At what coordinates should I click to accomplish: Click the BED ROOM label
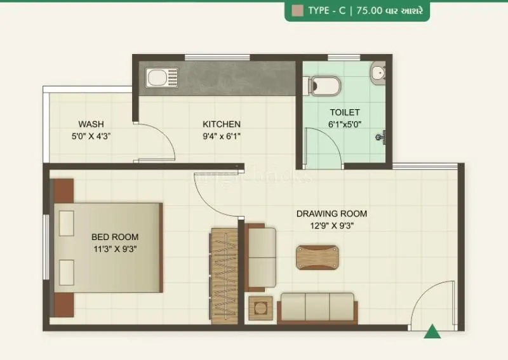115,237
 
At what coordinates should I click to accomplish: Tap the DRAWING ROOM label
331,213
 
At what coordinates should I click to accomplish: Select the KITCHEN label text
221,124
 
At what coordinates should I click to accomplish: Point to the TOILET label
344,112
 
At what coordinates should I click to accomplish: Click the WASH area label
91,124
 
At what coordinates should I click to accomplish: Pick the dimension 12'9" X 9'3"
331,225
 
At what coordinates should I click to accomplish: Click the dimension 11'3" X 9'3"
115,249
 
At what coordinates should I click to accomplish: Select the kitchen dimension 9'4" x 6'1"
221,135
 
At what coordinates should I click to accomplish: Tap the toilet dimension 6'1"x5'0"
344,124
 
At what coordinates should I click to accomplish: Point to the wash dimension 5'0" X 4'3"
91,135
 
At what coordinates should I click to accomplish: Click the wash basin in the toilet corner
379,72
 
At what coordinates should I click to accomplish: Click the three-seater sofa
317,307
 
